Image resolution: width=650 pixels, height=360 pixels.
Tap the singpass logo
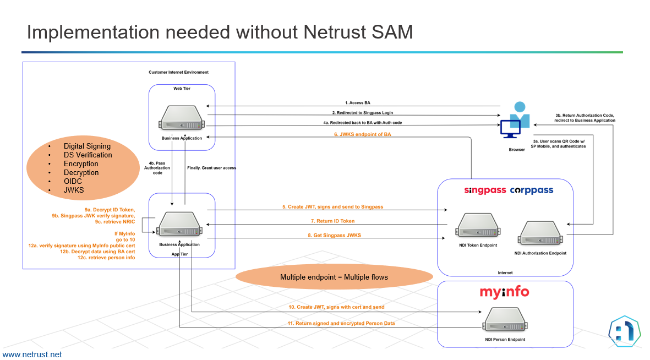484,190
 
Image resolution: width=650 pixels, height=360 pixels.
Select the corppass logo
531,190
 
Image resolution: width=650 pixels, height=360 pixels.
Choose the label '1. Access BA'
357,103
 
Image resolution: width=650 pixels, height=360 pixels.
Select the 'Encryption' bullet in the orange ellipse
81,163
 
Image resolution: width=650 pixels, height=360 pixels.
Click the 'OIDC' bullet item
73,181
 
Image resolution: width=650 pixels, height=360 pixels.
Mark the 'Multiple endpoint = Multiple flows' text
334,277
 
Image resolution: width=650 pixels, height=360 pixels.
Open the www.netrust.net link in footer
32,354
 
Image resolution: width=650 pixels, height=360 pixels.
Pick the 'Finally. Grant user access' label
211,168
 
